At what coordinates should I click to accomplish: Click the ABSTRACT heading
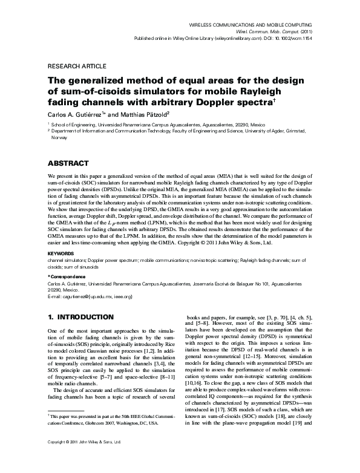[x=68, y=163]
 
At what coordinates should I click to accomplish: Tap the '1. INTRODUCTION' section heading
[x=80, y=316]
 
